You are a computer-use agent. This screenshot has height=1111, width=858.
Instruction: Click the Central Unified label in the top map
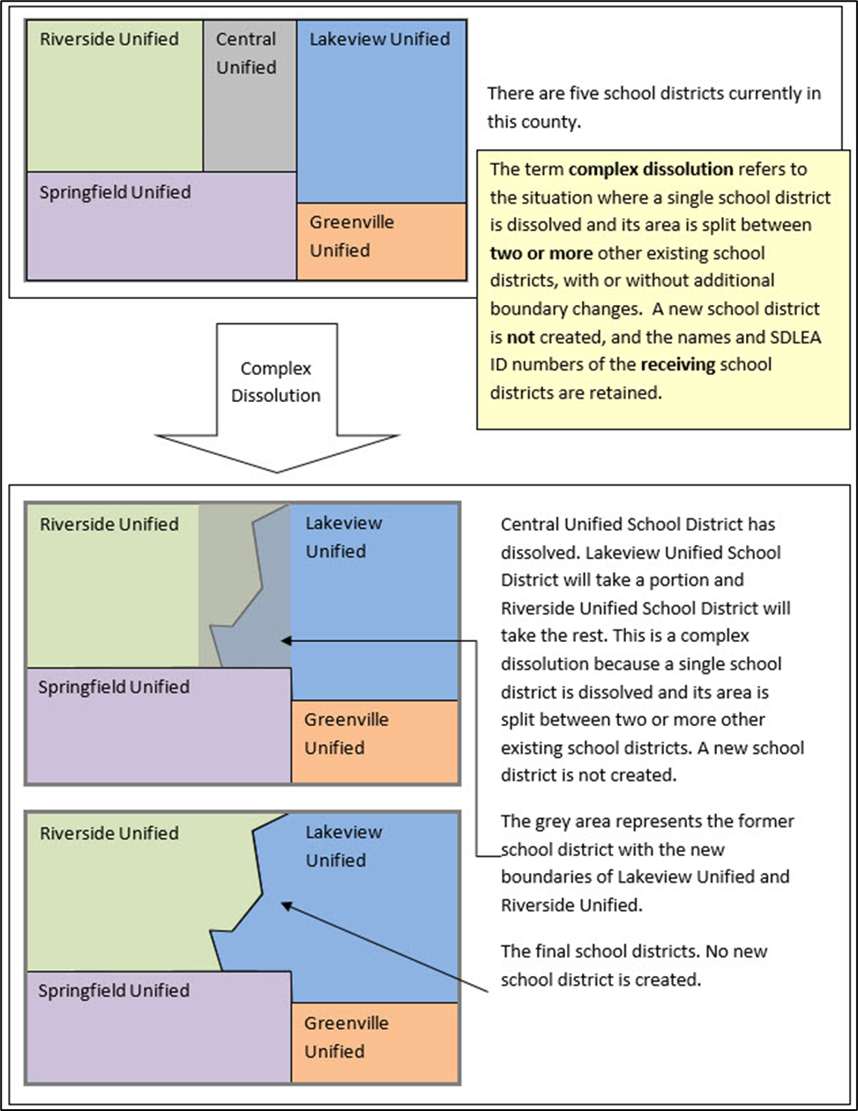(x=246, y=53)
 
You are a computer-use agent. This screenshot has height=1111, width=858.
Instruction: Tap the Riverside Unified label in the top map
(x=109, y=39)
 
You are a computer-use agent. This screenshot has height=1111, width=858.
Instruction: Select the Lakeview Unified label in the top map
(x=379, y=39)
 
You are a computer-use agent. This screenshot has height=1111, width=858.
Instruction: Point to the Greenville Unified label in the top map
(x=351, y=236)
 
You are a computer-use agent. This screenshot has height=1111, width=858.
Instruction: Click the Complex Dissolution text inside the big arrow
(x=275, y=381)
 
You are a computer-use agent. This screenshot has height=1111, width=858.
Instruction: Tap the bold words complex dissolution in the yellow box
(x=636, y=168)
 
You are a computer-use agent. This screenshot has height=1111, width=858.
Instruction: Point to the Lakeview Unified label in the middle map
(x=343, y=537)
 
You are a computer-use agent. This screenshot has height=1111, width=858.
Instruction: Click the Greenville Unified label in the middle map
(x=347, y=734)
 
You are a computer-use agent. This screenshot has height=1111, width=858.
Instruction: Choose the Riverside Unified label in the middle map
(x=109, y=524)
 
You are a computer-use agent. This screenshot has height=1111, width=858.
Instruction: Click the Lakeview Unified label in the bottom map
(x=343, y=846)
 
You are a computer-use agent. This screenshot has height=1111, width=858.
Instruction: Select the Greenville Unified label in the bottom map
(x=347, y=1038)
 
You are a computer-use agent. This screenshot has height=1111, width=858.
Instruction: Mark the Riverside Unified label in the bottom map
(x=109, y=833)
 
